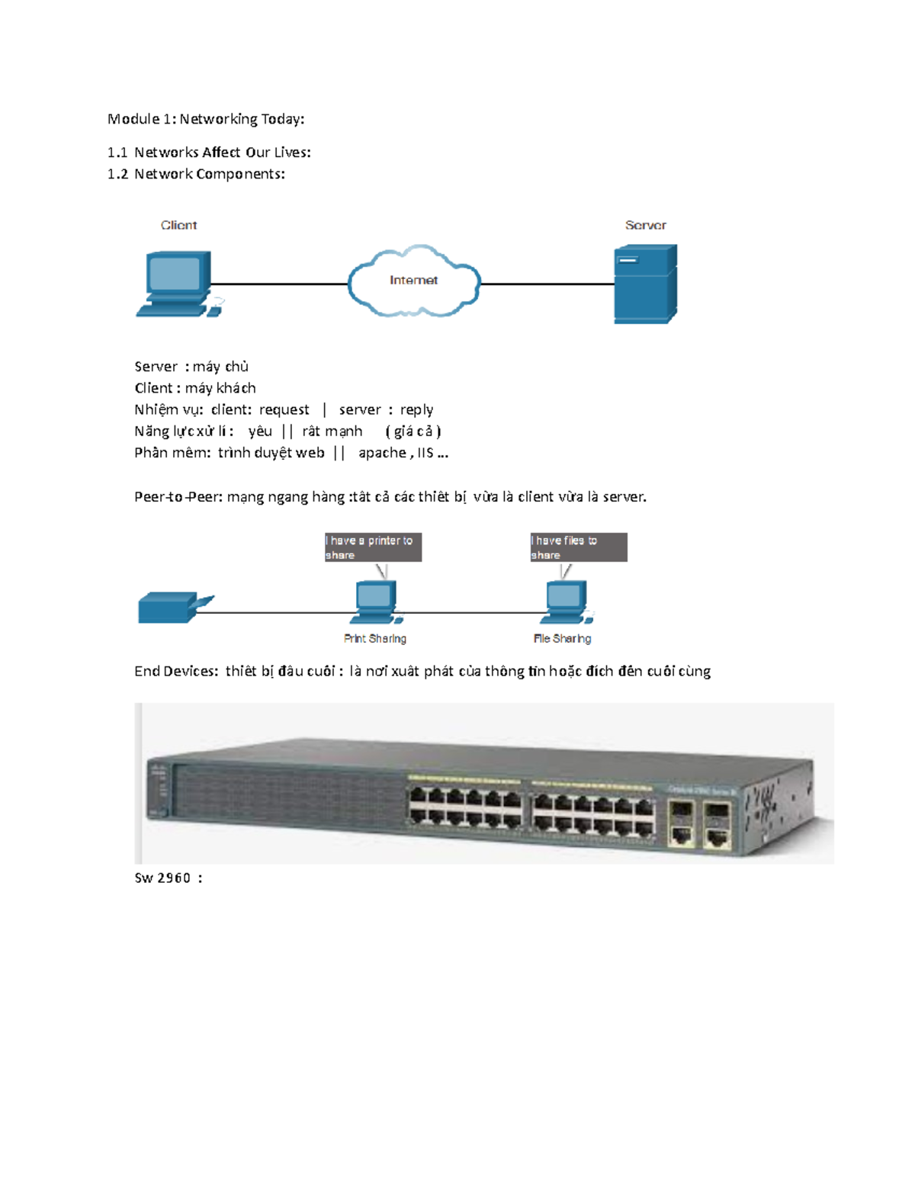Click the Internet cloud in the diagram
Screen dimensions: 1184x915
(x=413, y=281)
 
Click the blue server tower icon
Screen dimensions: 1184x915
(x=645, y=284)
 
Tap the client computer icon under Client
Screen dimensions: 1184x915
(x=178, y=284)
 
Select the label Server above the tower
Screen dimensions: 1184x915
(x=645, y=225)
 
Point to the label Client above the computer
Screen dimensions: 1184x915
(x=178, y=225)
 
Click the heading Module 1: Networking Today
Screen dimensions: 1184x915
(x=206, y=119)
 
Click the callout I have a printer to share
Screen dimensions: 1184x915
(x=373, y=547)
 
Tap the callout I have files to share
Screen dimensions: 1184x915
(x=578, y=547)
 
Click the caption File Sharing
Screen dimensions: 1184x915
(x=562, y=639)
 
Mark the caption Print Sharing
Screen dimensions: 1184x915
(x=375, y=639)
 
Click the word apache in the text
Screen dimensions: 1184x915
(x=382, y=453)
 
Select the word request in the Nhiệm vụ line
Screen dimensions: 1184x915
(x=284, y=410)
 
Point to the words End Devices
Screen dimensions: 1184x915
(x=175, y=671)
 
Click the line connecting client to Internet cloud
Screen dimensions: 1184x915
(x=278, y=284)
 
